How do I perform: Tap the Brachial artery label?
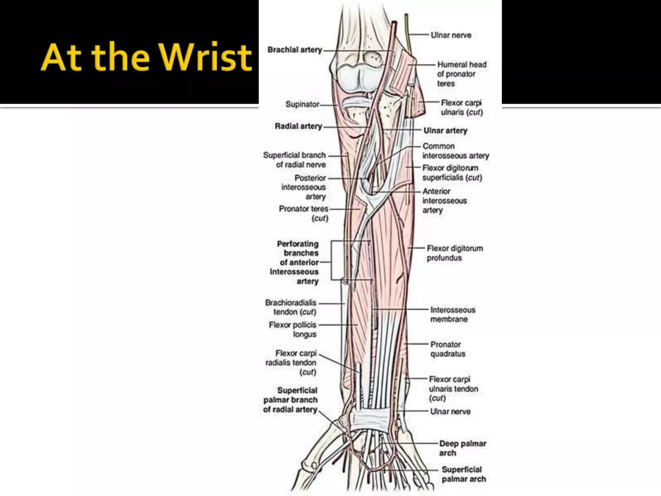point(295,50)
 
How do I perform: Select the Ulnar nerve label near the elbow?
point(451,35)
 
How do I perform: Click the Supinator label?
point(302,104)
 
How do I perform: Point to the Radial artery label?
point(298,126)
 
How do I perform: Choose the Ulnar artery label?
point(445,130)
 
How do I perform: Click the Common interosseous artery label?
point(455,151)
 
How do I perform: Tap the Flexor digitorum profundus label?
point(454,253)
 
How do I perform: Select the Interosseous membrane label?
point(453,314)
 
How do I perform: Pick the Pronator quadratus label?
point(448,349)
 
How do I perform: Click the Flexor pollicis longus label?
point(292,329)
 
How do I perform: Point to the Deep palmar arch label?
point(462,448)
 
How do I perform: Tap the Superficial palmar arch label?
point(463,474)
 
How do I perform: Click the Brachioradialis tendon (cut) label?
point(290,307)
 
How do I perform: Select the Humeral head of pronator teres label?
point(461,74)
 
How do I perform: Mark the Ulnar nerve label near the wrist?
point(450,411)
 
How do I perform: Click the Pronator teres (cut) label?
point(303,213)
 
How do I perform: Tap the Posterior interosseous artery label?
point(303,187)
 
